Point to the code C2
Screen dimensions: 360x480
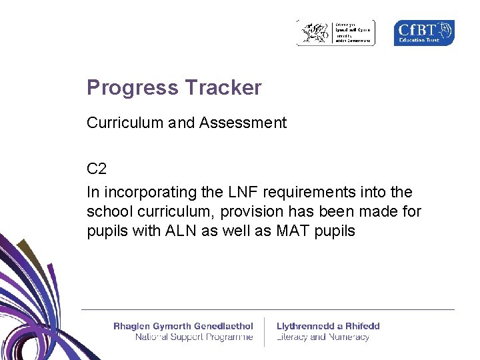[x=97, y=169]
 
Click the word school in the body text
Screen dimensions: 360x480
[x=107, y=212]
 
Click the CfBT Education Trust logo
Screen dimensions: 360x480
[x=424, y=33]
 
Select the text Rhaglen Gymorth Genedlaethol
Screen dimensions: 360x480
[x=183, y=326]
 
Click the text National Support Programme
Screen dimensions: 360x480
[x=193, y=337]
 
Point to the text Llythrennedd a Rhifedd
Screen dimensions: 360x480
[x=328, y=326]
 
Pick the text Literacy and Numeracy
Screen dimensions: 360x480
[x=323, y=337]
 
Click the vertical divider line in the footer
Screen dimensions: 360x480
[x=265, y=331]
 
